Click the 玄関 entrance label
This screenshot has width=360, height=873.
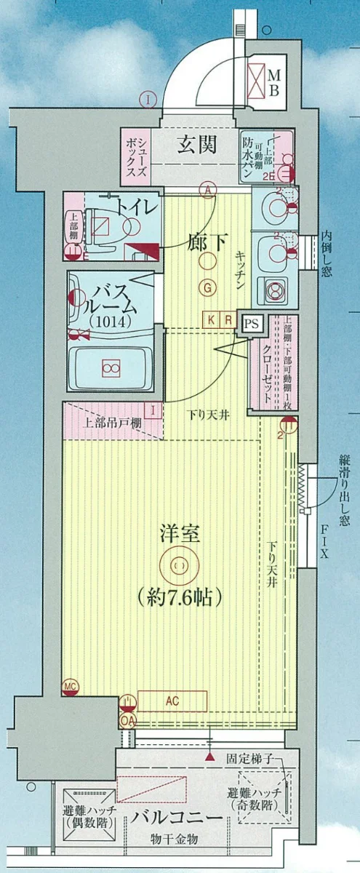tap(196, 144)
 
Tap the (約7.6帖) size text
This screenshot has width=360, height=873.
tap(178, 597)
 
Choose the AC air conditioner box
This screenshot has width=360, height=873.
tap(172, 701)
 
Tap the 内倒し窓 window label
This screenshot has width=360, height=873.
tap(327, 255)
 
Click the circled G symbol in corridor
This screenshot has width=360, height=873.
tap(208, 288)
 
